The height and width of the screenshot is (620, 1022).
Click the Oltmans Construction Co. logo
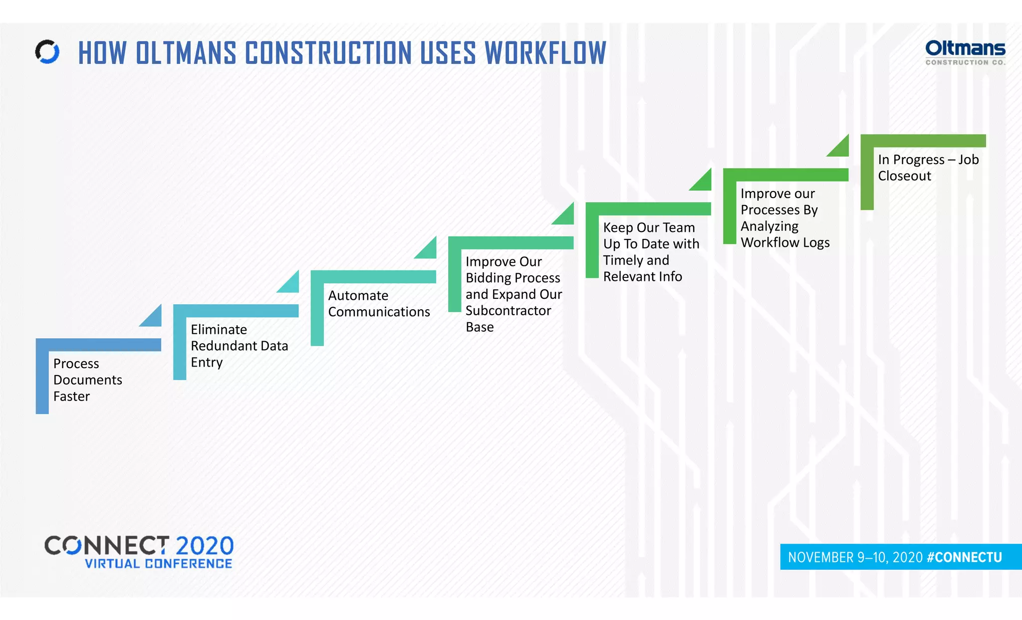[x=965, y=52]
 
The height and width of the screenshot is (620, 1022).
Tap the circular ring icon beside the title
[x=47, y=52]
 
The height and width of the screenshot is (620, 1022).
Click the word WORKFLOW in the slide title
[x=545, y=53]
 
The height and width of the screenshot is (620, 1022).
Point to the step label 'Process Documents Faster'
[x=87, y=380]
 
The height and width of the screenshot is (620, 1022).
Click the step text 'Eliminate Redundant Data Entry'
[x=239, y=346]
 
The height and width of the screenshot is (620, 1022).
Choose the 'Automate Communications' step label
[x=378, y=303]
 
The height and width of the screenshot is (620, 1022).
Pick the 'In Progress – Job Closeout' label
[x=928, y=168]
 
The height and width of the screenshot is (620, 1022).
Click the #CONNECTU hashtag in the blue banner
[x=964, y=557]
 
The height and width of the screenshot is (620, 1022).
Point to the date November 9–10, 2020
[x=855, y=557]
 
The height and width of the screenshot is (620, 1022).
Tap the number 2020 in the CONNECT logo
[x=205, y=546]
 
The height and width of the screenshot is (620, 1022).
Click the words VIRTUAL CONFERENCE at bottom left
[x=158, y=564]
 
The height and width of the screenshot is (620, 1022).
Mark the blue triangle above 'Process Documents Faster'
[x=153, y=318]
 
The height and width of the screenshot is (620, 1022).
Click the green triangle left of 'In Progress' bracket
[x=841, y=148]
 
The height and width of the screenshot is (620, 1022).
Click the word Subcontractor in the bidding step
[x=508, y=310]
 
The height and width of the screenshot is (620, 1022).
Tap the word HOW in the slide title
[x=102, y=53]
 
